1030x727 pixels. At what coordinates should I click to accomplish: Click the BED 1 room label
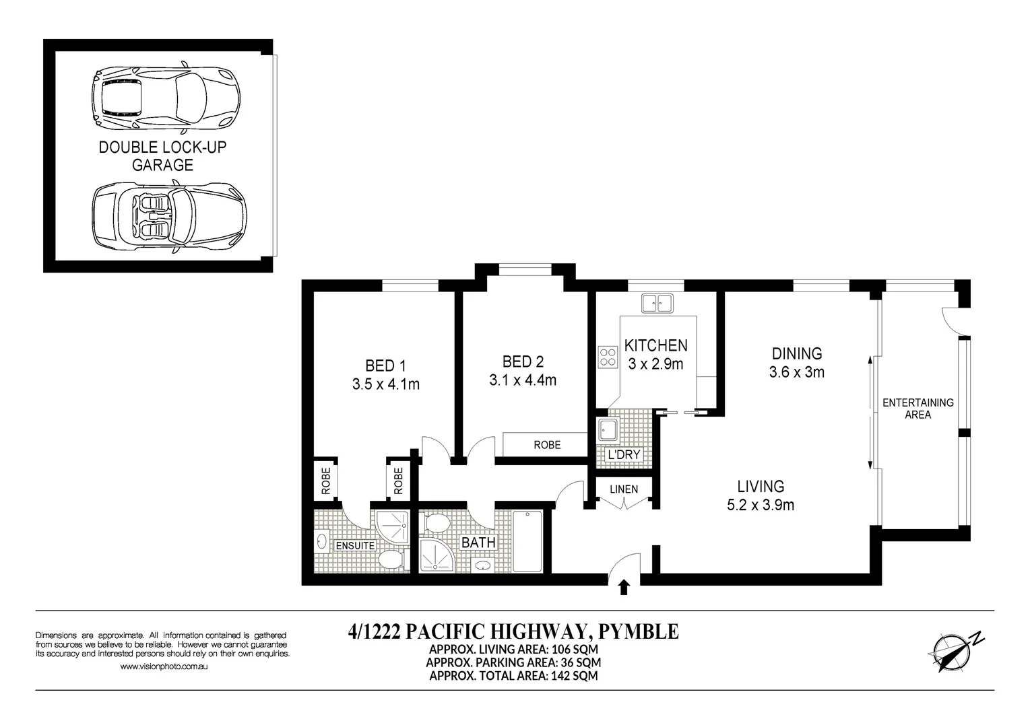pyautogui.click(x=385, y=366)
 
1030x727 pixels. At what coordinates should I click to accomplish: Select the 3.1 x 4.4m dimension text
pyautogui.click(x=522, y=380)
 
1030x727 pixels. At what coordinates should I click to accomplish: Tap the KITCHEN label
pyautogui.click(x=655, y=345)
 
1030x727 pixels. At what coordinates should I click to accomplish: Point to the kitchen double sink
pyautogui.click(x=657, y=304)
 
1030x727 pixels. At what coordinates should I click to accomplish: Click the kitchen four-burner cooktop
pyautogui.click(x=608, y=356)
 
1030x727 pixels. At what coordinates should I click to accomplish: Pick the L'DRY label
pyautogui.click(x=623, y=455)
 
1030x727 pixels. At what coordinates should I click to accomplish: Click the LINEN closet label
pyautogui.click(x=623, y=489)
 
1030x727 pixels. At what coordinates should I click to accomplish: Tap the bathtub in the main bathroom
pyautogui.click(x=527, y=541)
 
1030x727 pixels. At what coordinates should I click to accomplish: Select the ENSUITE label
pyautogui.click(x=355, y=545)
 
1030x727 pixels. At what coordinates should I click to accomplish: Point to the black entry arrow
pyautogui.click(x=623, y=587)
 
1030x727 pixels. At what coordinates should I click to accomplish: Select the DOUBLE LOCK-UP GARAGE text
pyautogui.click(x=162, y=155)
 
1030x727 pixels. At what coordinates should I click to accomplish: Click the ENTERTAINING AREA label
pyautogui.click(x=918, y=409)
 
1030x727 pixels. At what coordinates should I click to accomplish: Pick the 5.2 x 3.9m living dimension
pyautogui.click(x=760, y=505)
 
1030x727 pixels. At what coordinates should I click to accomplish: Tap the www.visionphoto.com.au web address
pyautogui.click(x=163, y=666)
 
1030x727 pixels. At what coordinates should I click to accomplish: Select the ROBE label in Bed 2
pyautogui.click(x=546, y=445)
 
